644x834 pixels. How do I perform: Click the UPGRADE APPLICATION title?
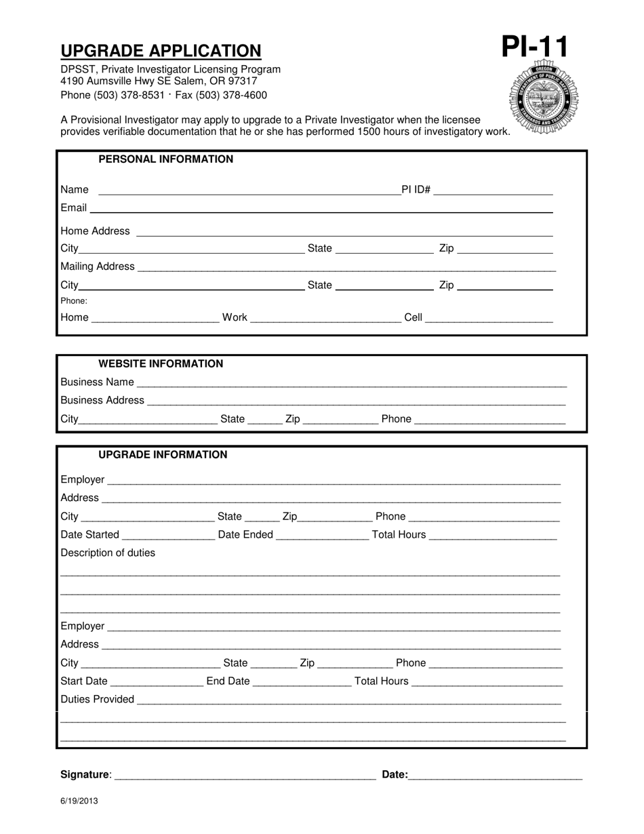(161, 51)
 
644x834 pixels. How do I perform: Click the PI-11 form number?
(535, 47)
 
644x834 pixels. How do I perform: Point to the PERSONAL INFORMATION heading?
(165, 159)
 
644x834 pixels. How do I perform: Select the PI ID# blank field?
(493, 190)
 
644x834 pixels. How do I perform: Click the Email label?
(73, 207)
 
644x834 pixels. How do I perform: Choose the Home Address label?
(95, 231)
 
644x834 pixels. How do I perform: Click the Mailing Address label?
(98, 266)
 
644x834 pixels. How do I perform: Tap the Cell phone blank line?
(488, 318)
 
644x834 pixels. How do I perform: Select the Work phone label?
(235, 317)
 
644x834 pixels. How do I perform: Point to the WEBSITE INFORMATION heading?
(161, 364)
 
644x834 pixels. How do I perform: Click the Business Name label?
(97, 382)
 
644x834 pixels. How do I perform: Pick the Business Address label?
(102, 401)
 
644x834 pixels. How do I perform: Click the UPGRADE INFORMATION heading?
(163, 455)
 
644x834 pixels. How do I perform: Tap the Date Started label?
(89, 535)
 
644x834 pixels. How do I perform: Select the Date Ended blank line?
(322, 536)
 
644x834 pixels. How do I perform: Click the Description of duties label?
(108, 553)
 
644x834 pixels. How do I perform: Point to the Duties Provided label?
(97, 700)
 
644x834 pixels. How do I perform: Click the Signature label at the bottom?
(85, 775)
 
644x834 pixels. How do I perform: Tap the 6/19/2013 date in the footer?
(79, 801)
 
